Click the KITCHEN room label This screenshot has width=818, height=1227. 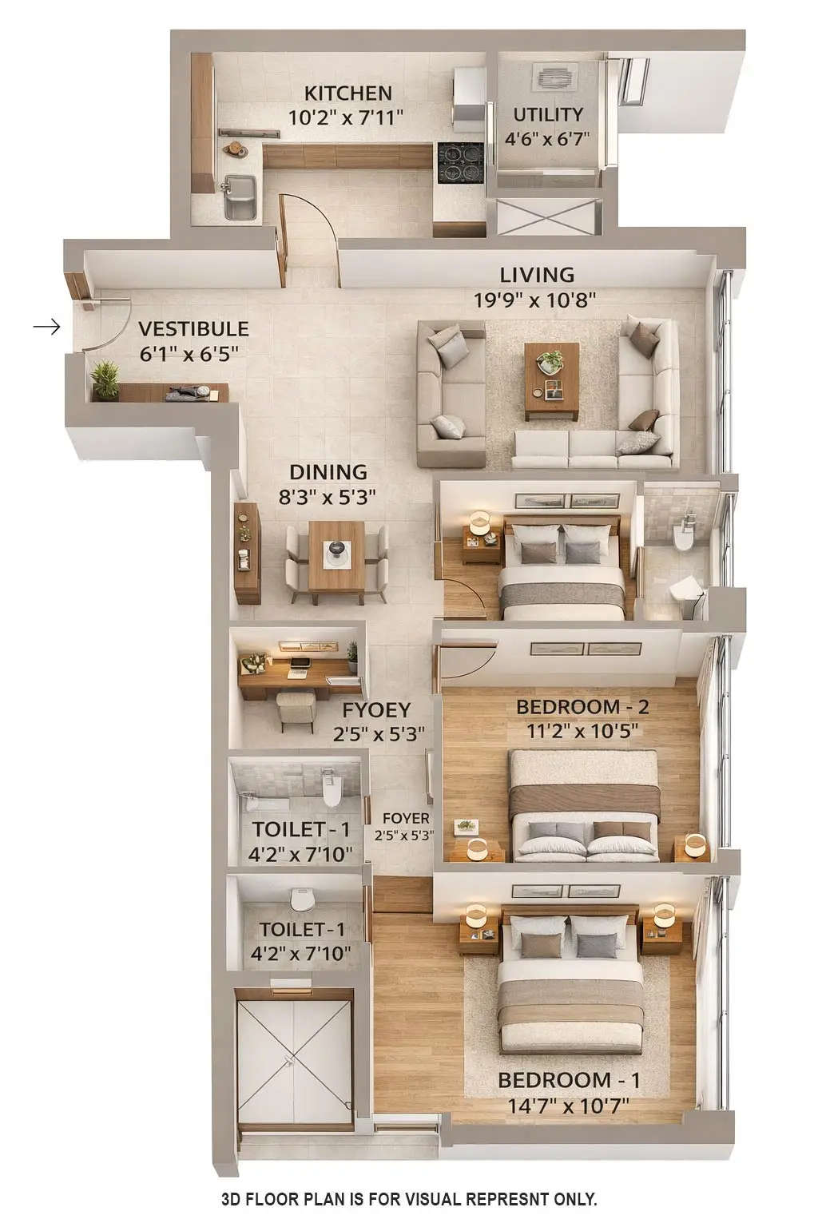[347, 93]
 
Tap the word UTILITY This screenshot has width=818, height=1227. [547, 114]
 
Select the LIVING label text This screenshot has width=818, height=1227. [537, 275]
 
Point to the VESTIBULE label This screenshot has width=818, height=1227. [193, 329]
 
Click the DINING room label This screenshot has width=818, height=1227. [328, 472]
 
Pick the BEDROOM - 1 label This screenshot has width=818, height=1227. [569, 1081]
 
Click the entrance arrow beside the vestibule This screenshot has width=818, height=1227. [47, 327]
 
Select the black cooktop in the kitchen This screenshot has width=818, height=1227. [460, 163]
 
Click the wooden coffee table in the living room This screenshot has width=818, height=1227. [552, 379]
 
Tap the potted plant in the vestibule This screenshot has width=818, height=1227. [105, 379]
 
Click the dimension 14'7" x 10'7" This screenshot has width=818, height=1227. [569, 1106]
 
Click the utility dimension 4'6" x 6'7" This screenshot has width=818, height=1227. [547, 138]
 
